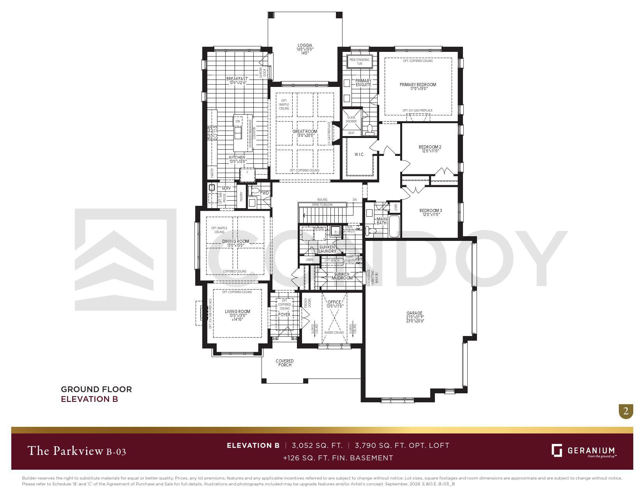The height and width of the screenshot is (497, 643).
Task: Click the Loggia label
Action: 305,46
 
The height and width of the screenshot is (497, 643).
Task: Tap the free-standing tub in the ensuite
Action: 359,62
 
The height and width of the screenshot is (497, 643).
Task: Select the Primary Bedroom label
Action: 418,85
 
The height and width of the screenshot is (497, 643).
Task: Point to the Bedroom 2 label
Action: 430,147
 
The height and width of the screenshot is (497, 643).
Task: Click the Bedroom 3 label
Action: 430,210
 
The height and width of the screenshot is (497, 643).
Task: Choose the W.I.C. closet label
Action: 359,155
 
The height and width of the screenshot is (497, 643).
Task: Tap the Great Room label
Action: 305,132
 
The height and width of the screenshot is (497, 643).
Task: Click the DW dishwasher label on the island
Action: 238,122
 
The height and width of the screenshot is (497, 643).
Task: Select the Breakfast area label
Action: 237,79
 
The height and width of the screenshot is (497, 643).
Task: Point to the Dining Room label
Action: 235,242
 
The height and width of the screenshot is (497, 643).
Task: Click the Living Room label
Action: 237,311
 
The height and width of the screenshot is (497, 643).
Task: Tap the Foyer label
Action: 284,315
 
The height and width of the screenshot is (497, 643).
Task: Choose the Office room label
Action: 334,302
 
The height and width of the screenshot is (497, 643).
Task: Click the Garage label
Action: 414,313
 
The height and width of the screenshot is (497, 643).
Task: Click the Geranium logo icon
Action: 556,450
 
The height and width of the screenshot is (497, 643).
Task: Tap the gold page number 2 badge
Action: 626,411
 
